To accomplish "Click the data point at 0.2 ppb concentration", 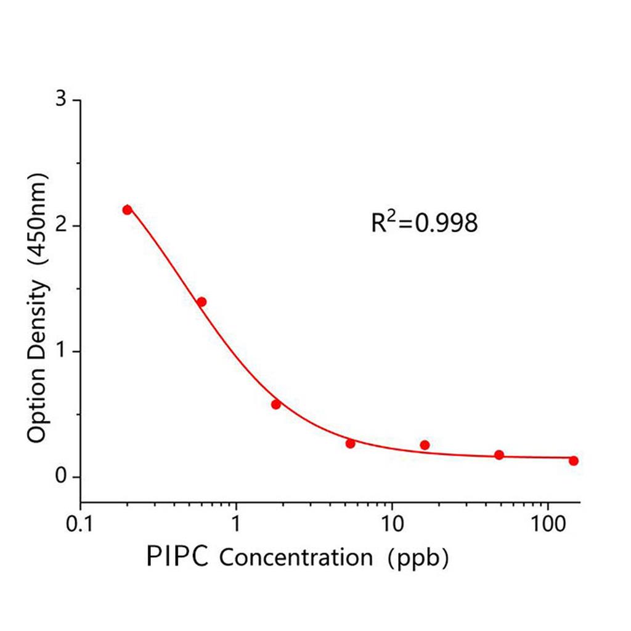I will tap(127, 210).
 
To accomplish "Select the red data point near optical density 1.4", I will tap(201, 302).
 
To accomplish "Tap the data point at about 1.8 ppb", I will tap(275, 404).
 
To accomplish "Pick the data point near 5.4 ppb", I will tap(350, 443).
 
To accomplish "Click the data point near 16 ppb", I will tap(425, 445).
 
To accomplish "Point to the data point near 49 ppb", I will tap(499, 455).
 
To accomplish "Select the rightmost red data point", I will tap(574, 460).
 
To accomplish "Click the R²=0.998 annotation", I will tap(424, 223).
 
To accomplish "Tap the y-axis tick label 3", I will tap(60, 100).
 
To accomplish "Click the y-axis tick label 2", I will tap(60, 226).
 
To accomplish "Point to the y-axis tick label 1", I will tap(60, 351).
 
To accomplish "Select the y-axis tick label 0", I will tap(60, 477).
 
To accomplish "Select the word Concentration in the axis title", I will tap(296, 558).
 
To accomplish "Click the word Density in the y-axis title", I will tap(38, 322).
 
